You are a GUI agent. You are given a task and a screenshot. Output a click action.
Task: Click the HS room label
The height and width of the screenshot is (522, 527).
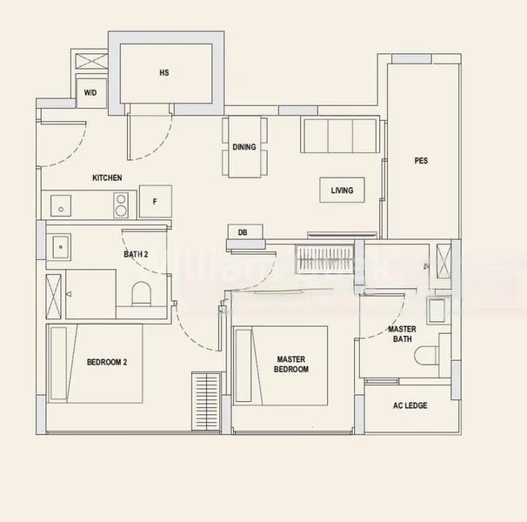pos(163,73)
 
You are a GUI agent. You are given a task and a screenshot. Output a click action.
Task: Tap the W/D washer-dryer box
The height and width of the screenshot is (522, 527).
pos(90,92)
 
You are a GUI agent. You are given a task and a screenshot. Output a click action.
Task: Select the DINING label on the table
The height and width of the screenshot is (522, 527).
pos(244,147)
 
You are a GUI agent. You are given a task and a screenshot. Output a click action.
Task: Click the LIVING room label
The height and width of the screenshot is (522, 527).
pos(342,191)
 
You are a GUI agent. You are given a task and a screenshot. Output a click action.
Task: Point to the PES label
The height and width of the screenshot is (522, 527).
pos(421,161)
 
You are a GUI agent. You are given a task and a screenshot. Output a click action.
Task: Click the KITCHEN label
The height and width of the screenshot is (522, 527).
pos(107,177)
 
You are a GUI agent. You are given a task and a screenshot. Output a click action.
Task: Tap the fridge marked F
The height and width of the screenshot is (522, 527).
pos(155,202)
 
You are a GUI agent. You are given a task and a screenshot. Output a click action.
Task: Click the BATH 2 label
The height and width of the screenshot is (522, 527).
pos(136,255)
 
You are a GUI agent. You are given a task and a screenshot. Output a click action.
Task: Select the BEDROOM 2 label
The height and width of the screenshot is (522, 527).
pos(107,362)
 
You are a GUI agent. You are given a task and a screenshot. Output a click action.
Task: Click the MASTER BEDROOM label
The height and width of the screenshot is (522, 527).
pos(291,364)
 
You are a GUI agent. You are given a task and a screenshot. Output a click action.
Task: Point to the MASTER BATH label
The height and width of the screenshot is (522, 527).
pos(401,334)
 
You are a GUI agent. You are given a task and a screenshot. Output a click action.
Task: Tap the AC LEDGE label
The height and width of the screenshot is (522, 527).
pos(410,405)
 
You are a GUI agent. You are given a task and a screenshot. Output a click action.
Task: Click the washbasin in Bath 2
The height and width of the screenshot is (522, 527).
pos(60,247)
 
